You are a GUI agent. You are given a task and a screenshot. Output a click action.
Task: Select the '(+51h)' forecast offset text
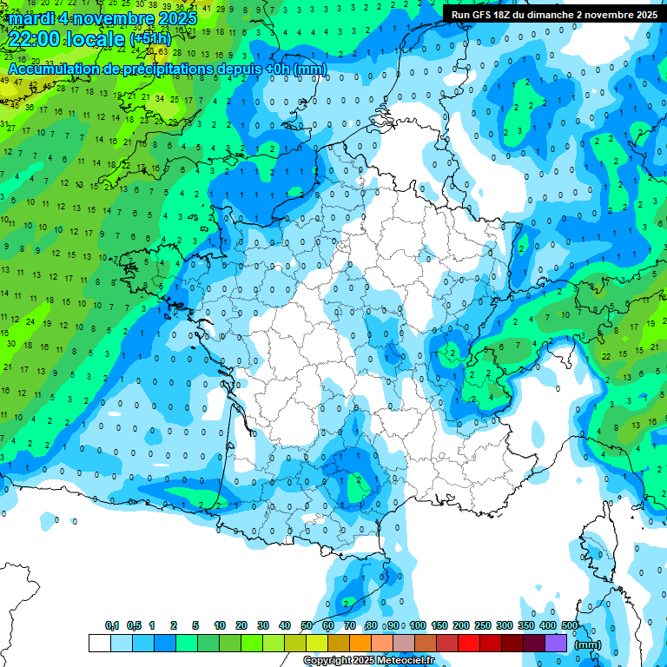(x=150, y=38)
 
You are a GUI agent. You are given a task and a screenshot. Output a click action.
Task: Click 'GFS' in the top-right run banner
(x=486, y=15)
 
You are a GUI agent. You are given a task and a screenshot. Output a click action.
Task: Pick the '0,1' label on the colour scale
(x=112, y=625)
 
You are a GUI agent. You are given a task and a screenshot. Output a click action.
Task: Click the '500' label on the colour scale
(x=570, y=625)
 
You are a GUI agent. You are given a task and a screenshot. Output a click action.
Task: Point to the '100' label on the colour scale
(x=418, y=625)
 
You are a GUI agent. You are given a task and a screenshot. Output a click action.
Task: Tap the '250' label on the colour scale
(x=483, y=625)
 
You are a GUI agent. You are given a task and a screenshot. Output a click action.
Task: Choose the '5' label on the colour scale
(x=195, y=625)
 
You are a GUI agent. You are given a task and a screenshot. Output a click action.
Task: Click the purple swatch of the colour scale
(x=556, y=643)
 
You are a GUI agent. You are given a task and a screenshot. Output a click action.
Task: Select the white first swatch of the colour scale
(x=100, y=643)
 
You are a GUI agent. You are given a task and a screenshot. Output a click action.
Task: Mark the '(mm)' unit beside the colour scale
(x=588, y=644)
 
